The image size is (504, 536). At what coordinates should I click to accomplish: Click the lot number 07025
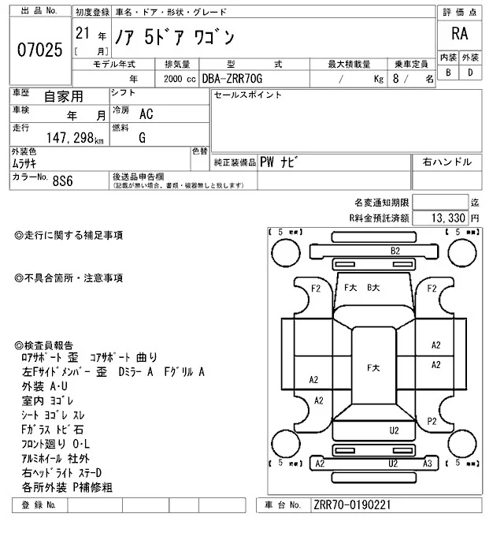click(x=39, y=50)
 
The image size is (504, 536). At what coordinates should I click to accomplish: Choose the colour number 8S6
click(x=63, y=180)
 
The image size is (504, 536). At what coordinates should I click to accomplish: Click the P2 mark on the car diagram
click(x=432, y=421)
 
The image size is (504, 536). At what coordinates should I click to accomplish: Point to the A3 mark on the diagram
click(x=427, y=463)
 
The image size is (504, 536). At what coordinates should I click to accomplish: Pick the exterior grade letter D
click(x=471, y=73)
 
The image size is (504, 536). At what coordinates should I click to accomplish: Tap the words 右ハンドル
click(x=447, y=162)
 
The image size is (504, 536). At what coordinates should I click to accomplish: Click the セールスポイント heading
click(x=248, y=95)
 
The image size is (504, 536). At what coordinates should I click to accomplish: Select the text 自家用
click(x=64, y=96)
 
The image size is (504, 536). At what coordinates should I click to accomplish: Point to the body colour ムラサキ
click(x=29, y=163)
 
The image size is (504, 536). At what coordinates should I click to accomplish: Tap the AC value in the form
click(x=146, y=114)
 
